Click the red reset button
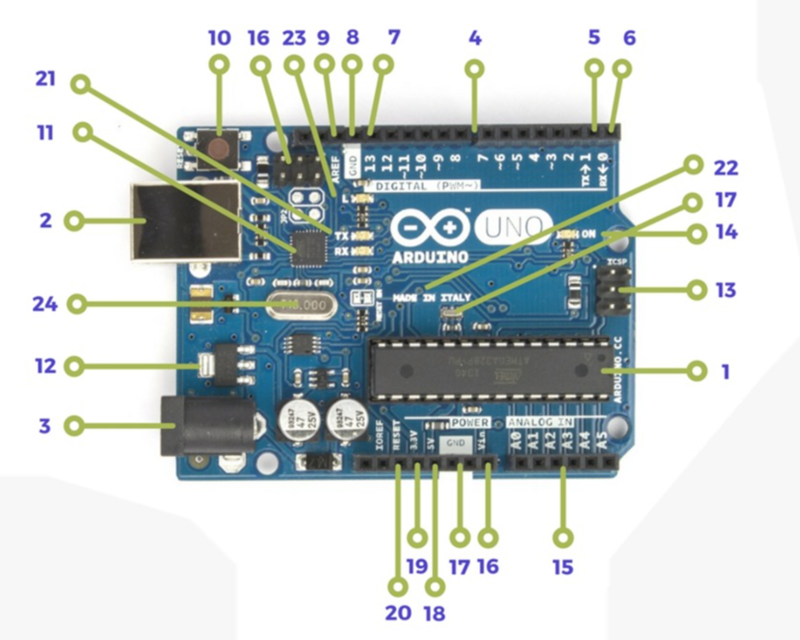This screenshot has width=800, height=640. click(220, 147)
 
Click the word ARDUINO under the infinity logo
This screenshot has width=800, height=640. click(431, 257)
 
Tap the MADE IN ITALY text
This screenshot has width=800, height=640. click(432, 296)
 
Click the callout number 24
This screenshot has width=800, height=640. click(45, 305)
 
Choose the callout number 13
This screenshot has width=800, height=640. click(726, 290)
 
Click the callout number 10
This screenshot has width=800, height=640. click(219, 38)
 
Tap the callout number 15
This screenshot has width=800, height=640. click(563, 568)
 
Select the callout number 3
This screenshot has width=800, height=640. click(44, 426)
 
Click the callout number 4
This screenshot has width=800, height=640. click(475, 39)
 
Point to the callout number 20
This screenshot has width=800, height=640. click(398, 613)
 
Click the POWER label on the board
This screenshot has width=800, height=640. click(471, 420)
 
